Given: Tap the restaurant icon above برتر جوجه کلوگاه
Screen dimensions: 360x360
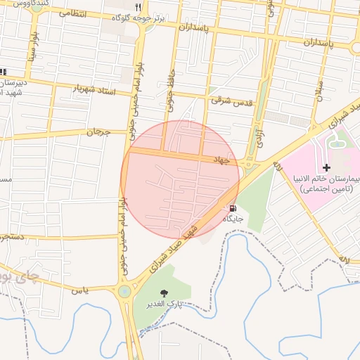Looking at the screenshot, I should tap(147, 6).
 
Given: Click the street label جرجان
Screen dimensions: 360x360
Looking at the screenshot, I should tap(99, 131).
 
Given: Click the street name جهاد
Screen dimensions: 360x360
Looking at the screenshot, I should tap(221, 160).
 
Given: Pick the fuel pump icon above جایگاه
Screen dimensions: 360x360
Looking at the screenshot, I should tap(232, 208).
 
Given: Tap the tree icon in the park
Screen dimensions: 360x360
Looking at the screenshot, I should tap(165, 293).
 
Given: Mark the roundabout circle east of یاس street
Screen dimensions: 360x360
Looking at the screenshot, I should tap(124, 290).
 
